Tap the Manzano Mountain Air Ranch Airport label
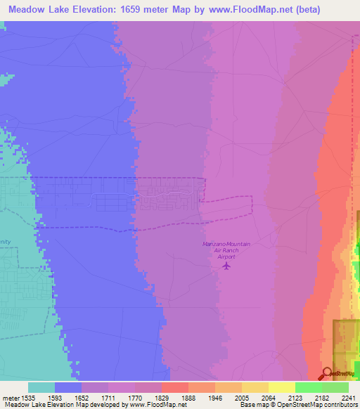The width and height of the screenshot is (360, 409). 226,250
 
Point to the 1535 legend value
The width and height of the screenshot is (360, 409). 29,396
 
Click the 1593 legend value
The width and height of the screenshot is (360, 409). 67,396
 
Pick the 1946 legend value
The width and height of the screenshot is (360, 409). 227,396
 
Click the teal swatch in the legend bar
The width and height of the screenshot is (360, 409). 41,387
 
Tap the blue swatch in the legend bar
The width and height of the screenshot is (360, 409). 68,387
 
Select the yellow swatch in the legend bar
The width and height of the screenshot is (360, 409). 282,387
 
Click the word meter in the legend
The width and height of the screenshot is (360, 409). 9,396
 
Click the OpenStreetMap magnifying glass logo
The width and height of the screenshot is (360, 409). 326,372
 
